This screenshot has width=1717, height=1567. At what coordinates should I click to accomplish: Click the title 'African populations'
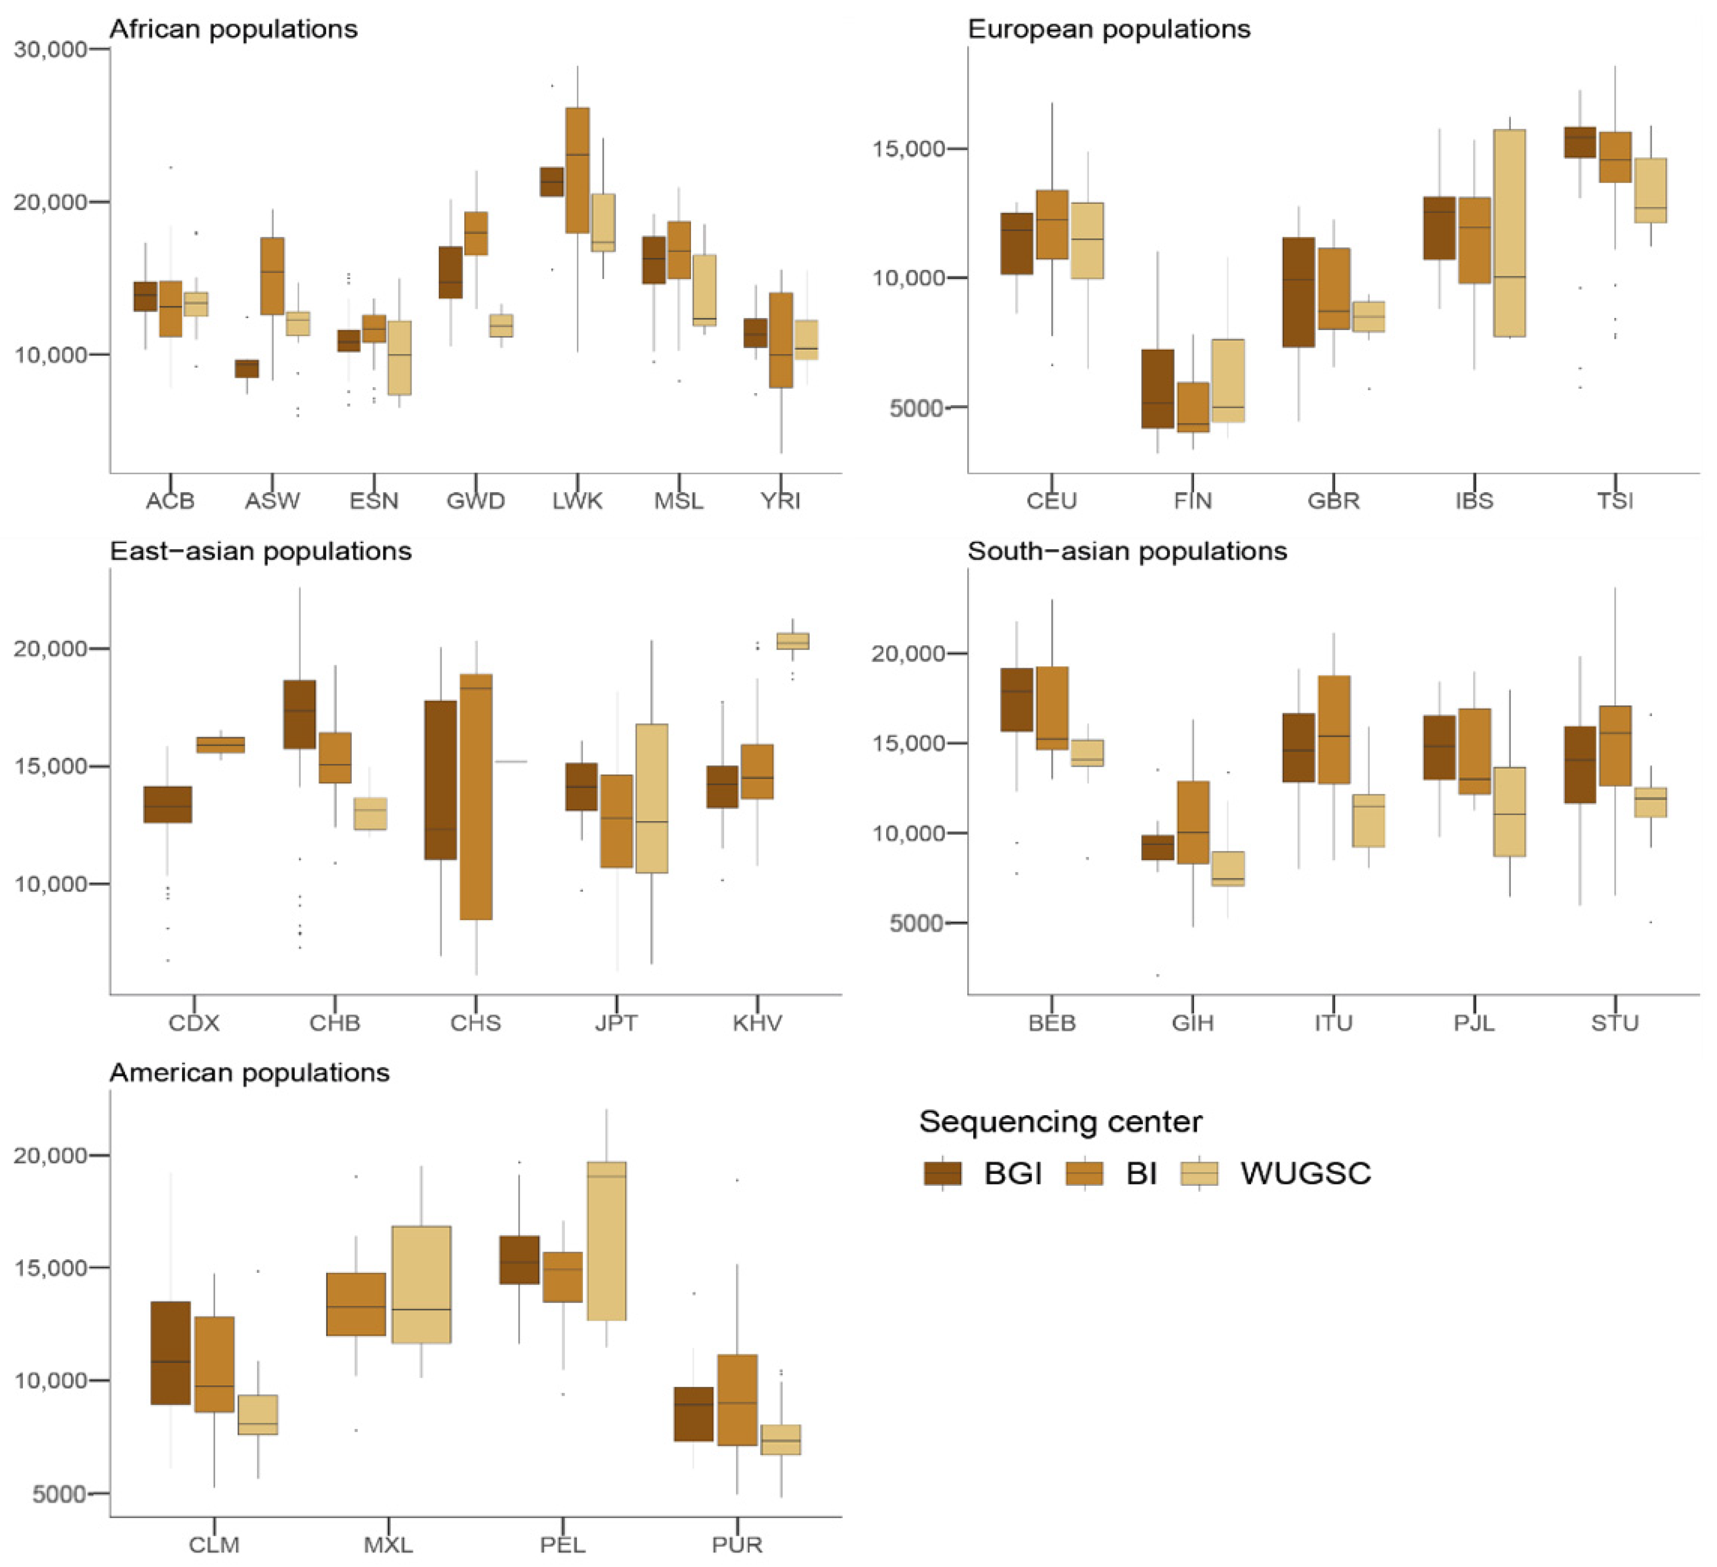coord(233,29)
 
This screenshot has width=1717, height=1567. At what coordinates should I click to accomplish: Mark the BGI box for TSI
coord(1580,142)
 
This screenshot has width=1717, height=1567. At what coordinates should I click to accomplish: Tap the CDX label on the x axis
coord(194,1023)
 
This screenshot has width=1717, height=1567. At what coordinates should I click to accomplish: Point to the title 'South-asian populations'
coord(1127,551)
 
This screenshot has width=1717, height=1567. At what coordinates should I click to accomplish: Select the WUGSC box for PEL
coord(606,1241)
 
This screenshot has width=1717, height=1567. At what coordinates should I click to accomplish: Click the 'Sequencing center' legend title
coord(1060,1122)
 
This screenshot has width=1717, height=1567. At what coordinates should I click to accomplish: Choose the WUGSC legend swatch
coord(1199,1173)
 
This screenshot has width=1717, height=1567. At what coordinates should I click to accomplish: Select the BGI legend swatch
coord(942,1173)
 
